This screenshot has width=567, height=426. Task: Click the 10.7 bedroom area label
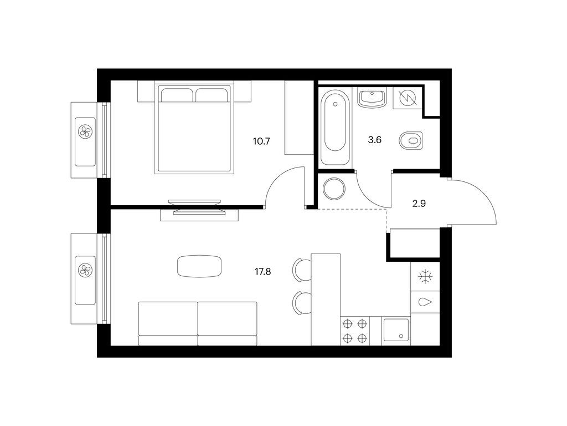(261, 141)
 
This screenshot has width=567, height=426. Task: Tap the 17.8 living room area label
(262, 272)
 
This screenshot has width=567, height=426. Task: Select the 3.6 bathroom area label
(374, 140)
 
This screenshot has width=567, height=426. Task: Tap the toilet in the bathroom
(410, 140)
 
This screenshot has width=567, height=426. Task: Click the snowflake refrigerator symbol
(425, 276)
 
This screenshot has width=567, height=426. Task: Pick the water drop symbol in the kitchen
(425, 302)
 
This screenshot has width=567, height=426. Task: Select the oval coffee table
(199, 266)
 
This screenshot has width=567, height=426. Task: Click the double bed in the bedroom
(194, 129)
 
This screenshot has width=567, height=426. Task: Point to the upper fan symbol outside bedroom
(85, 131)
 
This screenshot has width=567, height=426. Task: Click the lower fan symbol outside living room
(85, 270)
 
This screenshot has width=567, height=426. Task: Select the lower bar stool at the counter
(300, 303)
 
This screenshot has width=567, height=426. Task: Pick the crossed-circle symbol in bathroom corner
(408, 99)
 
